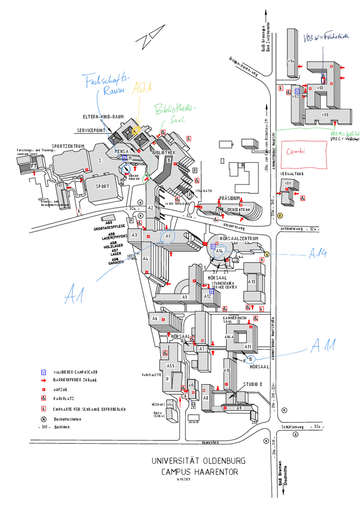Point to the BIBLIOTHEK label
tap(163, 152)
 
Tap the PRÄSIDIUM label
tap(229, 198)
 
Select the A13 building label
tap(252, 281)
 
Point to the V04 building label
tap(290, 61)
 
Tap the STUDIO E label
tap(253, 384)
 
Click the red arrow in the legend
tap(44, 379)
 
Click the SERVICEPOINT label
tap(92, 130)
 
